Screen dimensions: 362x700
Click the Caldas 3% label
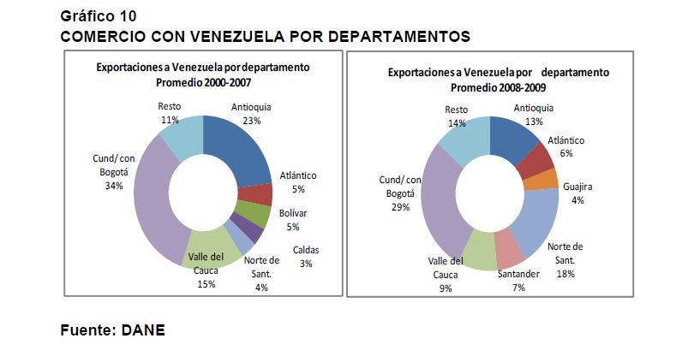[x=306, y=257]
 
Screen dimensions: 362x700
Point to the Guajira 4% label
[x=578, y=193]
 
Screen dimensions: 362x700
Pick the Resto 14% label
[x=457, y=116]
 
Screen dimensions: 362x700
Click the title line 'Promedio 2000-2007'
[x=203, y=82]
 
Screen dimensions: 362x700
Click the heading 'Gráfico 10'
[x=98, y=16]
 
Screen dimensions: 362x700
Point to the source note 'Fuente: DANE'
[x=112, y=329]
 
